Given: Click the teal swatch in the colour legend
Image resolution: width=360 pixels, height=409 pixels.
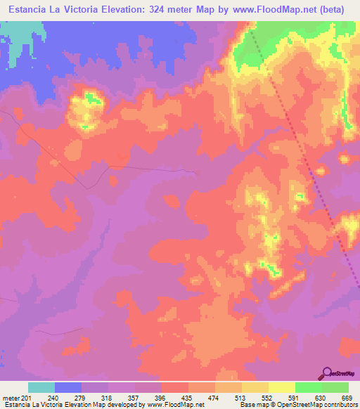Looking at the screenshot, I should (x=41, y=387).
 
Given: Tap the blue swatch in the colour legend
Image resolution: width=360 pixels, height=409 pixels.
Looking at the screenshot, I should (x=68, y=387).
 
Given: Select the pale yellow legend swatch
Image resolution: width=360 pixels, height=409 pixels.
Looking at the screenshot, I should (x=281, y=387).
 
